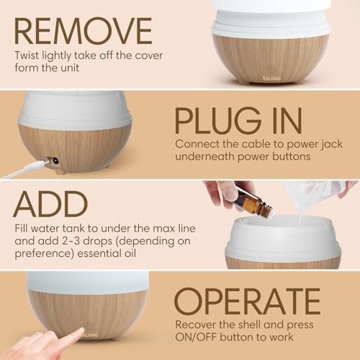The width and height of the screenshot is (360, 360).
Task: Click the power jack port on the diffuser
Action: [x=53, y=161]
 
